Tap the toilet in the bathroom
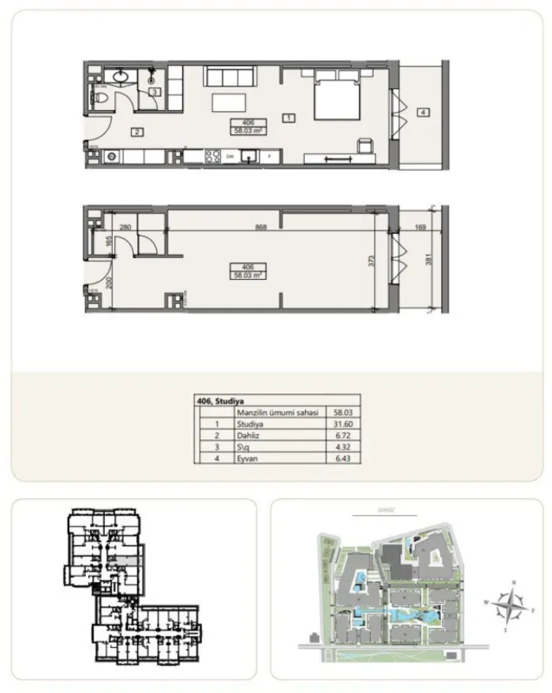(x=100, y=101)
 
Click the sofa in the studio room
(x=230, y=75)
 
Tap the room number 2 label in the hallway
(x=136, y=133)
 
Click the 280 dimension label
(x=125, y=228)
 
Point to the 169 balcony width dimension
(x=421, y=228)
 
